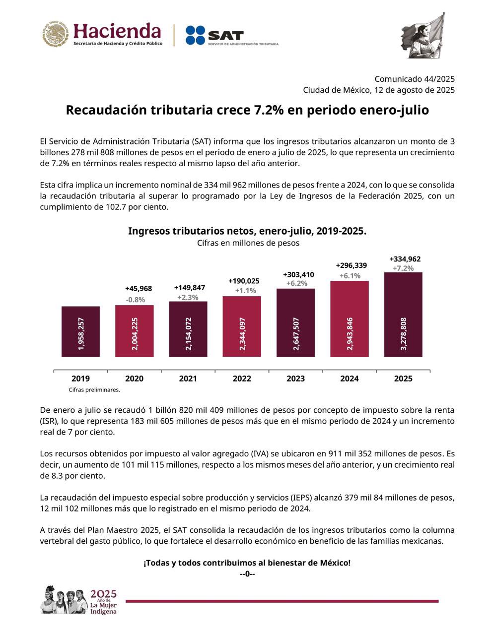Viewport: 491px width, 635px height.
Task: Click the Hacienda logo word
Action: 117,31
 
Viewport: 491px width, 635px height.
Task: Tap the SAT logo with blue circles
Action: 214,36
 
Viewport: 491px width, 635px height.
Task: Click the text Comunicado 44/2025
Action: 414,79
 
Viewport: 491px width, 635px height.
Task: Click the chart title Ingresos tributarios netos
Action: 247,231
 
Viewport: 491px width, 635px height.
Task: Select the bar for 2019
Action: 80,331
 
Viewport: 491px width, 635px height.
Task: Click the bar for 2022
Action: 242,326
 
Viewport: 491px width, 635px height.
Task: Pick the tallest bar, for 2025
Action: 403,314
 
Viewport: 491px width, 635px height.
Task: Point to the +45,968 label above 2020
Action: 139,289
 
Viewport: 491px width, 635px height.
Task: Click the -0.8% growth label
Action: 135,300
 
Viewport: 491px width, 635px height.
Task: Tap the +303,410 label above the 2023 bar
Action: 298,274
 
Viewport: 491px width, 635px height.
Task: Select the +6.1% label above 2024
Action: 350,276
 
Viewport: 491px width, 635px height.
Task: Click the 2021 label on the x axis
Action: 188,379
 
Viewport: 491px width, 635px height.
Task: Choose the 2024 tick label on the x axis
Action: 350,379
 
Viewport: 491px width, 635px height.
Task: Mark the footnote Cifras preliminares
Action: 94,390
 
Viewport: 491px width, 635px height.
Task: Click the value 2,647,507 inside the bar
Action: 296,334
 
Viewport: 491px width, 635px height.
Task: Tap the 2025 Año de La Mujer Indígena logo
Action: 79,600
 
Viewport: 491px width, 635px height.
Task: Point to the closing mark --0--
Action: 247,574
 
